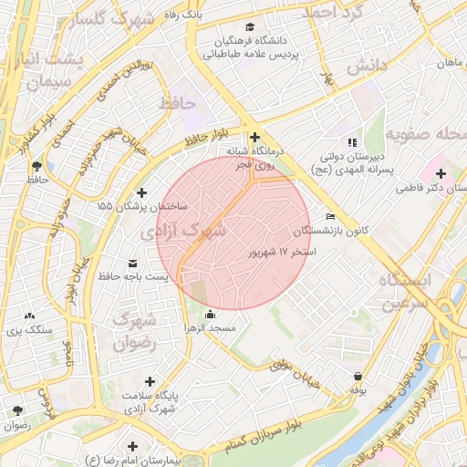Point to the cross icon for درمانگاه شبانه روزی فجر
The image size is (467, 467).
click(x=254, y=137)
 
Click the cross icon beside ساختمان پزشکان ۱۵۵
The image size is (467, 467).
click(x=140, y=192)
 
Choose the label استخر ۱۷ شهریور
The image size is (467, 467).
click(x=282, y=251)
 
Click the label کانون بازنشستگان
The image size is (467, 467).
click(x=337, y=232)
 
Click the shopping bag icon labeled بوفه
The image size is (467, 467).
click(x=357, y=376)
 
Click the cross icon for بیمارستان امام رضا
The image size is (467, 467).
click(x=134, y=446)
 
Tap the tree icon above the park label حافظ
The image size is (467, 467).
click(x=36, y=166)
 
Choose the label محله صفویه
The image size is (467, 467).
click(x=423, y=134)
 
